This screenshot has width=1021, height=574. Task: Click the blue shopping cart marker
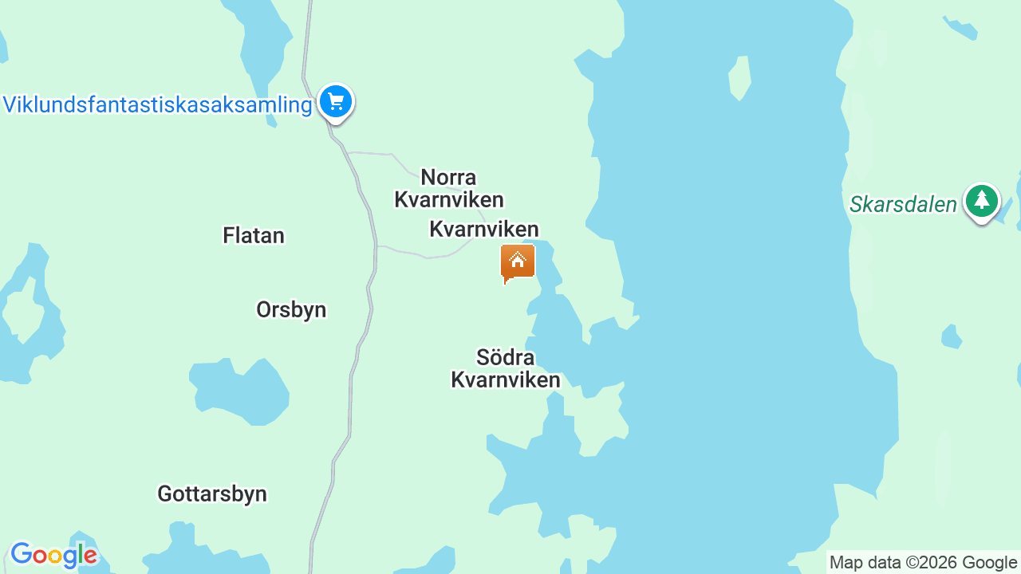(x=336, y=102)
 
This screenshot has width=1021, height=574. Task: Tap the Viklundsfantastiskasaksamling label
(x=157, y=104)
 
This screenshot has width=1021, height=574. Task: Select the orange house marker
(x=518, y=262)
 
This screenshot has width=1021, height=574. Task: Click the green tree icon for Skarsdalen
(x=981, y=201)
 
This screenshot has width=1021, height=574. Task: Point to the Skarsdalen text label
(x=903, y=205)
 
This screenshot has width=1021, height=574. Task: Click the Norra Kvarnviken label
(x=449, y=188)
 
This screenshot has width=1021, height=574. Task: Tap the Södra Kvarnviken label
(x=506, y=368)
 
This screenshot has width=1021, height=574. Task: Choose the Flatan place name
(x=254, y=235)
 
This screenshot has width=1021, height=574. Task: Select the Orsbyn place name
(x=291, y=309)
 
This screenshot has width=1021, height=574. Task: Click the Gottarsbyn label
(x=212, y=493)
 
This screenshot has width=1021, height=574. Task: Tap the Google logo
(x=53, y=555)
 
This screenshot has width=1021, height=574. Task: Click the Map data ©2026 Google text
(x=923, y=562)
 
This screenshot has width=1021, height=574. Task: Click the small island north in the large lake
(x=740, y=77)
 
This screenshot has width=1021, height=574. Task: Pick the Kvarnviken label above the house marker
(x=484, y=230)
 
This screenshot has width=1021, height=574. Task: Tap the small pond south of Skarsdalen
(x=951, y=336)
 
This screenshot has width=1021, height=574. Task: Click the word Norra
(x=448, y=177)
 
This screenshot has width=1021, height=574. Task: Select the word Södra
(x=505, y=356)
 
